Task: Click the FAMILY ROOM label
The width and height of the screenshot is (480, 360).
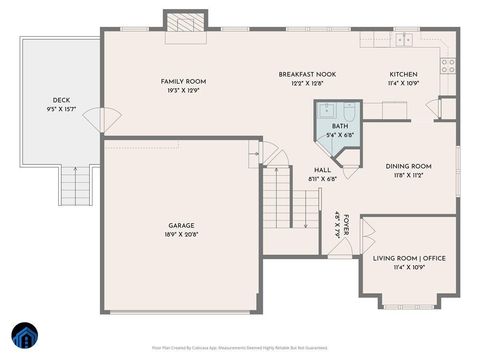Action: [183, 81]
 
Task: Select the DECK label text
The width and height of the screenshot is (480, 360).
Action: [61, 100]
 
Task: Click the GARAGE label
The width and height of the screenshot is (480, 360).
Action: [181, 225]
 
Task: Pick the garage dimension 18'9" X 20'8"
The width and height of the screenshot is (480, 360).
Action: [181, 234]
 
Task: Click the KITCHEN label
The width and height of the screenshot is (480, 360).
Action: [403, 75]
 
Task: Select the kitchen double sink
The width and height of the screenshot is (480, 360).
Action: [402, 40]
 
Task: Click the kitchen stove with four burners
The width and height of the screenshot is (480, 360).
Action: [447, 66]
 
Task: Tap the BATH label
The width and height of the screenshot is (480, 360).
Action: [341, 127]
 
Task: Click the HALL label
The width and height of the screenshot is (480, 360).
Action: [322, 170]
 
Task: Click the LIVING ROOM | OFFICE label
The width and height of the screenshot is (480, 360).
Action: [408, 258]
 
